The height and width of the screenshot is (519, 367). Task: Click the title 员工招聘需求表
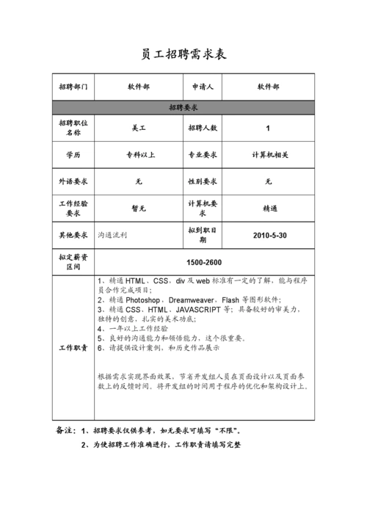pyautogui.click(x=183, y=55)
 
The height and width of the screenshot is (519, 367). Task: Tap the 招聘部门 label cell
pyautogui.click(x=73, y=87)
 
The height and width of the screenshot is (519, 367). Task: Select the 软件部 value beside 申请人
pyautogui.click(x=268, y=87)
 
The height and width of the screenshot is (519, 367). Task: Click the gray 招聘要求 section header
pyautogui.click(x=183, y=107)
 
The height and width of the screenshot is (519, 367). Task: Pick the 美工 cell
pyautogui.click(x=139, y=128)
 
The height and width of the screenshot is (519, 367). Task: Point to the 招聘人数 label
pyautogui.click(x=203, y=128)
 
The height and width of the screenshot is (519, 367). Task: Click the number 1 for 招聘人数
pyautogui.click(x=268, y=128)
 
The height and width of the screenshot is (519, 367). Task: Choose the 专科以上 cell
pyautogui.click(x=139, y=155)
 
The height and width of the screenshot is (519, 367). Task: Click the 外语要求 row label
pyautogui.click(x=73, y=181)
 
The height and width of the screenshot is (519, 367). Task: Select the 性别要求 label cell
pyautogui.click(x=203, y=181)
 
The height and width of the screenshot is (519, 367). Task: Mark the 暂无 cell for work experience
pyautogui.click(x=139, y=208)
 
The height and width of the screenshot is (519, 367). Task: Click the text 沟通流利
pyautogui.click(x=113, y=236)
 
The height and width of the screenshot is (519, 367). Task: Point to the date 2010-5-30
pyautogui.click(x=269, y=236)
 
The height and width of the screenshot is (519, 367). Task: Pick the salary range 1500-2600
pyautogui.click(x=204, y=263)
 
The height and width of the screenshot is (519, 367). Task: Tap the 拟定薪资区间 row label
pyautogui.click(x=73, y=262)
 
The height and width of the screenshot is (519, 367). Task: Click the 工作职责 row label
pyautogui.click(x=73, y=348)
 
